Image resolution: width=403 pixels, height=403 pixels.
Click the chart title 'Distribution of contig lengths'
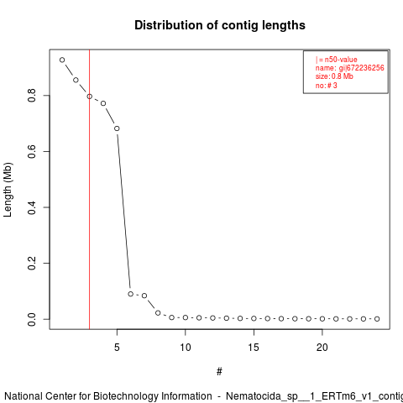(x=220, y=25)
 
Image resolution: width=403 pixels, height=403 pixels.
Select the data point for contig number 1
(x=62, y=60)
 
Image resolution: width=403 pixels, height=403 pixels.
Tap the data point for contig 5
(x=117, y=128)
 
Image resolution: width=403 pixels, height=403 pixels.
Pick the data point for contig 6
(x=131, y=294)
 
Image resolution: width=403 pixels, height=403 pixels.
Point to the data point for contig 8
(x=158, y=313)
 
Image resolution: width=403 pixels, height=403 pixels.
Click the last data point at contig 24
(x=377, y=319)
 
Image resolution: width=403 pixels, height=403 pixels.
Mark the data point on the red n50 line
(x=90, y=97)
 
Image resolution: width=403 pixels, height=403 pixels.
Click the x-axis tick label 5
(x=117, y=348)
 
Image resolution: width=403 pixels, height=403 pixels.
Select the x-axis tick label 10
(x=186, y=348)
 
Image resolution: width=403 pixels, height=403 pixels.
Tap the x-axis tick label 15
(x=254, y=348)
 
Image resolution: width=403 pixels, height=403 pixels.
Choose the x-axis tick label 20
(x=322, y=348)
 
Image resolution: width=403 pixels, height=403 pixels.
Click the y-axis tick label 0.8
(x=32, y=96)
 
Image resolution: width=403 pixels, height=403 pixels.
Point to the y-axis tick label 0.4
(x=32, y=207)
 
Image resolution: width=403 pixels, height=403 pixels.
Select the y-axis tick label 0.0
(x=32, y=319)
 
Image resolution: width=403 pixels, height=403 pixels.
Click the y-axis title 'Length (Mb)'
(x=8, y=190)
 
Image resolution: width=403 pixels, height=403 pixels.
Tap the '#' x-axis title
(x=219, y=372)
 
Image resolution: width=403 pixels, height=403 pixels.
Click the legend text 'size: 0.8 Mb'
(x=334, y=76)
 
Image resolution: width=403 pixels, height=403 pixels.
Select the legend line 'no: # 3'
(x=327, y=85)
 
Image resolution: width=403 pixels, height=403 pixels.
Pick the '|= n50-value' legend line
(x=337, y=60)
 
